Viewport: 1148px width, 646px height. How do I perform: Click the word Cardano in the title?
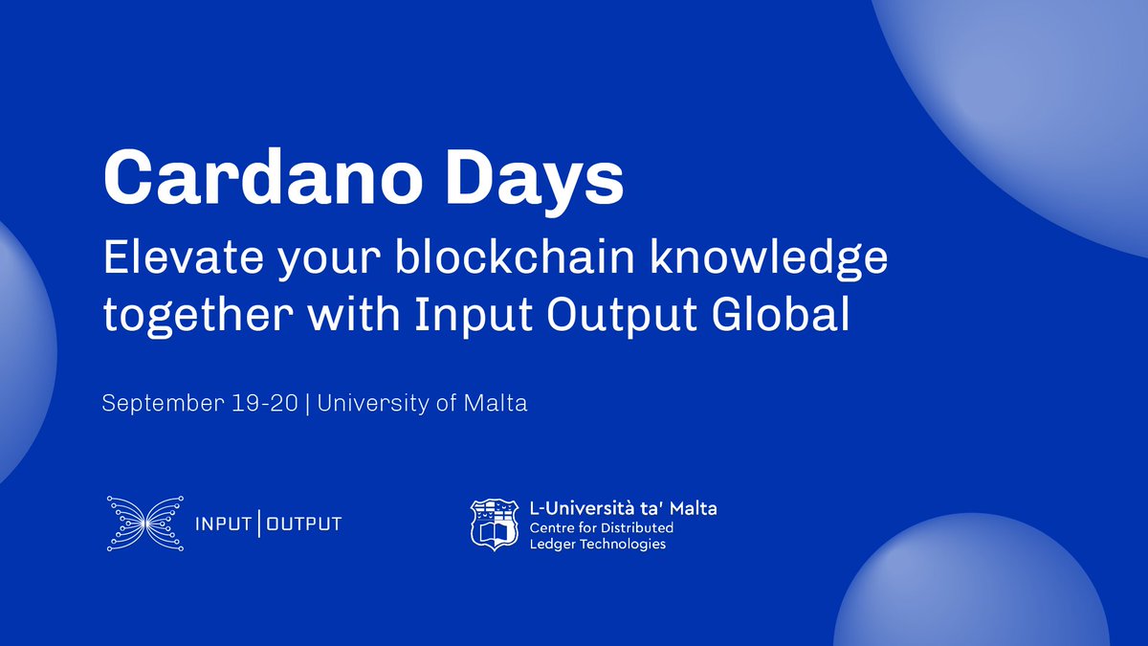tap(263, 177)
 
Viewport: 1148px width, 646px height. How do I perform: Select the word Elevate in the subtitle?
tap(184, 257)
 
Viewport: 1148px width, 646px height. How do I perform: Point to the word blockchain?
tap(515, 257)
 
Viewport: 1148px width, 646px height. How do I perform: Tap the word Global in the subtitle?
tap(781, 313)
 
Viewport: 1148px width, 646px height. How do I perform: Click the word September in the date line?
tap(163, 404)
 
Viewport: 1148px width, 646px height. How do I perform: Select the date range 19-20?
tap(264, 403)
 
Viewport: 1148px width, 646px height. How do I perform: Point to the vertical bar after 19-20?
tap(307, 404)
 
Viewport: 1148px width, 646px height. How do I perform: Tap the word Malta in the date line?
tap(496, 403)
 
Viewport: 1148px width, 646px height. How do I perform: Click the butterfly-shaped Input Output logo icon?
tap(145, 523)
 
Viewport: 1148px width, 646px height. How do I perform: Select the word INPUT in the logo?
tap(223, 524)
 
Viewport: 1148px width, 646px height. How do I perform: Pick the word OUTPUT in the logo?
tap(304, 524)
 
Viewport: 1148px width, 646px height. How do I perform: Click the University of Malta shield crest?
tap(495, 524)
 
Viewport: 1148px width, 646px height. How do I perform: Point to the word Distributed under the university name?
tap(637, 527)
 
